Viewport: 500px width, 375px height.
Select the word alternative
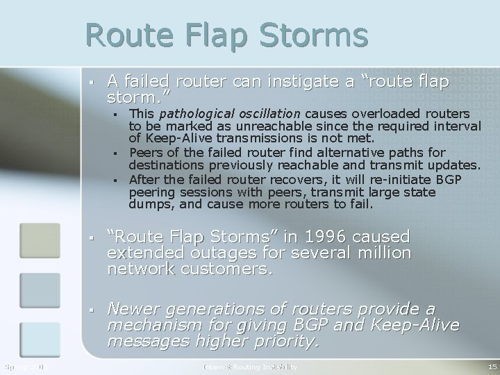pyautogui.click(x=334, y=152)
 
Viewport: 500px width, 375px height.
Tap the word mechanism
pyautogui.click(x=153, y=324)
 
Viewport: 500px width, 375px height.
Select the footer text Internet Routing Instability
pyautogui.click(x=250, y=366)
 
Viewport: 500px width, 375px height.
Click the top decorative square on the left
pyautogui.click(x=40, y=240)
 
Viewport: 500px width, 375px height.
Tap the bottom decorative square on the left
pyautogui.click(x=40, y=340)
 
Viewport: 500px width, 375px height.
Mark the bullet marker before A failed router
pyautogui.click(x=91, y=83)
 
